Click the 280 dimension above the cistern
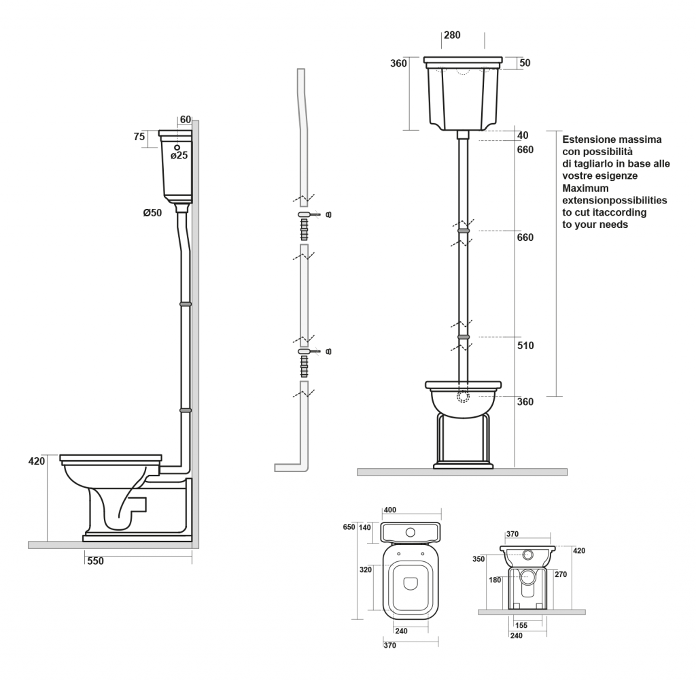pos(453,35)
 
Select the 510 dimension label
pos(525,346)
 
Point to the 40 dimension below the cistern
pos(522,135)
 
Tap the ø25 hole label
pos(179,156)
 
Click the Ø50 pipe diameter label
pos(152,213)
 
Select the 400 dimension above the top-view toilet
pos(390,510)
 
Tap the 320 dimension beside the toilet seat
pos(366,569)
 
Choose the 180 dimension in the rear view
pos(496,580)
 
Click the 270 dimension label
pos(560,574)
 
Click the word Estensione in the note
pos(589,139)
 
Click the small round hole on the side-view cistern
pos(177,147)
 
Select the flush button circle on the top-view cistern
pos(411,532)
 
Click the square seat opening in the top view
pos(411,584)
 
